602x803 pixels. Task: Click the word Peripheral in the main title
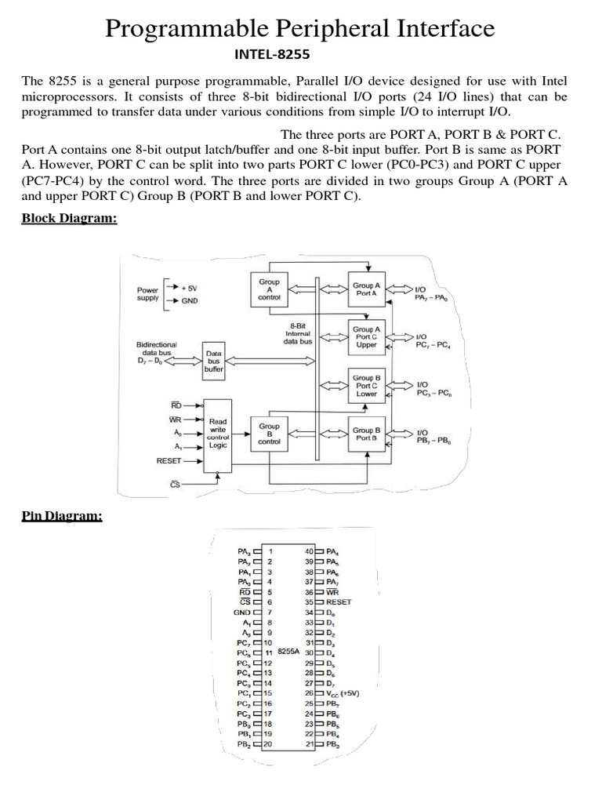point(299,29)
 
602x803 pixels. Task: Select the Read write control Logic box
point(217,434)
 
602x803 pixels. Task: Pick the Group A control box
point(268,290)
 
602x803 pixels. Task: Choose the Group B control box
point(269,434)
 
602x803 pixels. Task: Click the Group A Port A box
point(367,289)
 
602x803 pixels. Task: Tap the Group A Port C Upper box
point(367,337)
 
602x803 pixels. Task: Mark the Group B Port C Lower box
point(367,386)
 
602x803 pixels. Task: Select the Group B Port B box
point(367,434)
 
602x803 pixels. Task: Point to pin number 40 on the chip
point(309,551)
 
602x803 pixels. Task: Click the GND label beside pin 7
point(241,612)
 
